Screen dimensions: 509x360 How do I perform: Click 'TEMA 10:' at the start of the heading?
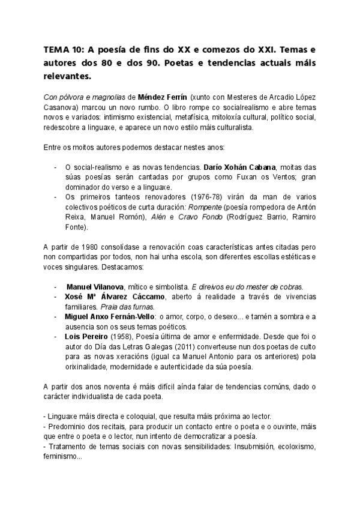(64, 51)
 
